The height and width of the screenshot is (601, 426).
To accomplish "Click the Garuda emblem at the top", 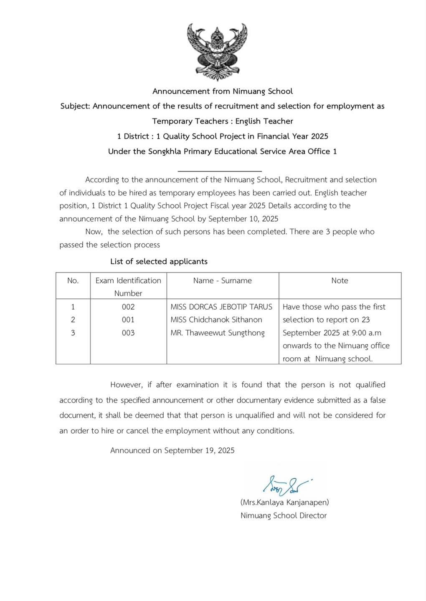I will click(x=217, y=52).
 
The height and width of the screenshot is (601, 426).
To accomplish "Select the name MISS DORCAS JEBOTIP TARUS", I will click(x=221, y=307).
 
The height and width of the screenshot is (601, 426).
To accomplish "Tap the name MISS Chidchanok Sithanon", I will click(x=216, y=320).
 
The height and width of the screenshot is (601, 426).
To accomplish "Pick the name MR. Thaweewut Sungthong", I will click(x=218, y=333).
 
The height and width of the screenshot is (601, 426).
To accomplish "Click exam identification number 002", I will click(x=128, y=307).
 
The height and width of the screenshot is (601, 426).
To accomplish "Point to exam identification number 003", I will click(x=128, y=333).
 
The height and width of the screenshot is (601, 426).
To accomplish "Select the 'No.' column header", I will click(x=73, y=280).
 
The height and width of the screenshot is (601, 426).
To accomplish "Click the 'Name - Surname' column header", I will click(x=222, y=280).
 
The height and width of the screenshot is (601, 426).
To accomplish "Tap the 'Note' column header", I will click(x=340, y=280).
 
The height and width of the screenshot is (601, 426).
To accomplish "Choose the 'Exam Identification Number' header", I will click(x=128, y=287).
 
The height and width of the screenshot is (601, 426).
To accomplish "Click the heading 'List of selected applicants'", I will click(x=159, y=261).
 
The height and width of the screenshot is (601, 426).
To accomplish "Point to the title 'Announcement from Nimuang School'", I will click(x=222, y=91).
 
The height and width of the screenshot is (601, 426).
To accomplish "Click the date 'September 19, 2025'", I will click(x=199, y=450).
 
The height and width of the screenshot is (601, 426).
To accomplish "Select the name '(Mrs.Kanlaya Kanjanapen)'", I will click(x=284, y=502).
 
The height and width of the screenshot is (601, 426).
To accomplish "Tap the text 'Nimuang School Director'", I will click(x=284, y=515).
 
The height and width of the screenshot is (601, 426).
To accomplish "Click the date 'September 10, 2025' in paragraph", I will click(x=243, y=219).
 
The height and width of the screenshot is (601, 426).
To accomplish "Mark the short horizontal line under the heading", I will click(x=220, y=171).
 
